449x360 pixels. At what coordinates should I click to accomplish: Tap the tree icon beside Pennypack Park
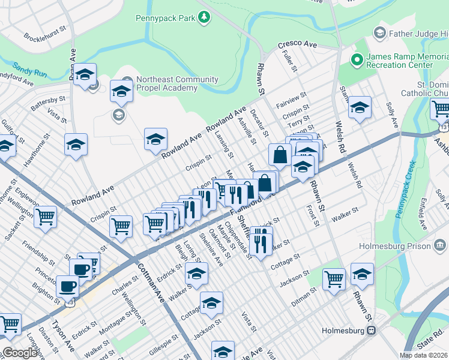[205, 18]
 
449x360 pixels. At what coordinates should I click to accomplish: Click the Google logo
[19, 353]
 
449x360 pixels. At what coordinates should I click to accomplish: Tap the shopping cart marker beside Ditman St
[334, 278]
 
